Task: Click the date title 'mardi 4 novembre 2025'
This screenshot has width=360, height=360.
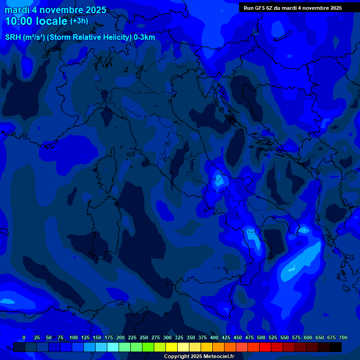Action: coord(55,10)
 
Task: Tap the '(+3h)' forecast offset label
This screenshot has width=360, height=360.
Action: coord(79,21)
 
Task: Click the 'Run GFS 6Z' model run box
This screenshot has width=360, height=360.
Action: coord(292,8)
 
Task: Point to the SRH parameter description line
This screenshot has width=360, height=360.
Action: coord(80,37)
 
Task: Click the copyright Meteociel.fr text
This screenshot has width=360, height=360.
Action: coord(199,356)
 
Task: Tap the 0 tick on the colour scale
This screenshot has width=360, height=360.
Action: coord(24,337)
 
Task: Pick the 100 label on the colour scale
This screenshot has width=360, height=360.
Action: coord(74,337)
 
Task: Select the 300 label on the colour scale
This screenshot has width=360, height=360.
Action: coord(167,337)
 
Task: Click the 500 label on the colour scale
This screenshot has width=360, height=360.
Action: coord(261,337)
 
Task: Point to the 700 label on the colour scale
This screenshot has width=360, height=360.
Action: coord(343,337)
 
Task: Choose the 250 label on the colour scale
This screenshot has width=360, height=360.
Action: coord(144,337)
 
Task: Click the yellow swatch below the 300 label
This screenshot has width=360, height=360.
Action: coord(172,347)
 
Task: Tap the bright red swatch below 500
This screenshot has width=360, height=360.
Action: coord(265,347)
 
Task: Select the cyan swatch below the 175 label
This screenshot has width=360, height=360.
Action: coord(113,347)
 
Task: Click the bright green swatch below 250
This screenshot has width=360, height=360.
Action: coord(148,347)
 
